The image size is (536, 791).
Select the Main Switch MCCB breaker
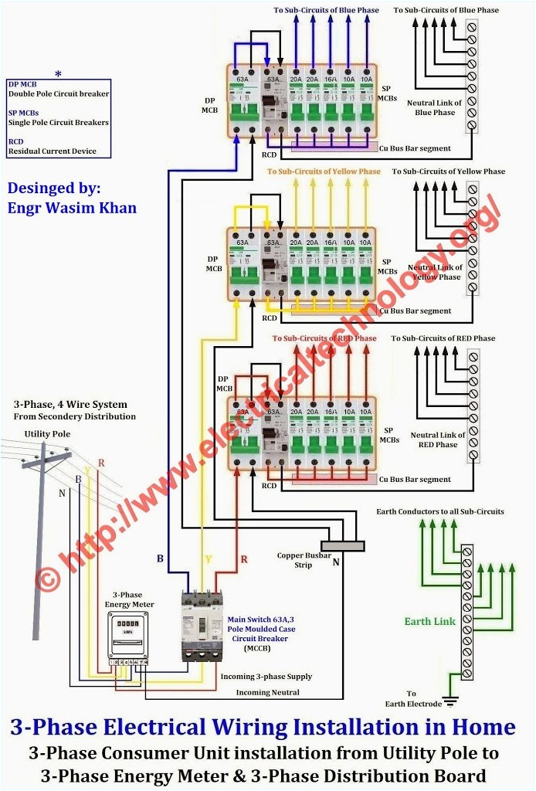click(202, 625)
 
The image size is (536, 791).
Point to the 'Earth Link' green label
click(430, 621)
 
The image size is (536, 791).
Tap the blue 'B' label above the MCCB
click(160, 558)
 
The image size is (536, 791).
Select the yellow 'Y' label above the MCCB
click(207, 558)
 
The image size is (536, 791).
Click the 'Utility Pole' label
click(47, 434)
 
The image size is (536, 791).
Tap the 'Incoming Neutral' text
click(267, 692)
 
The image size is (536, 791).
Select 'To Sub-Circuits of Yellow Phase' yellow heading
click(324, 171)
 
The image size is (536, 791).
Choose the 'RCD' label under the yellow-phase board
click(270, 318)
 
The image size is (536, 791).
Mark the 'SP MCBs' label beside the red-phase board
click(389, 435)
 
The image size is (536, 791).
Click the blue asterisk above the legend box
click(59, 74)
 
